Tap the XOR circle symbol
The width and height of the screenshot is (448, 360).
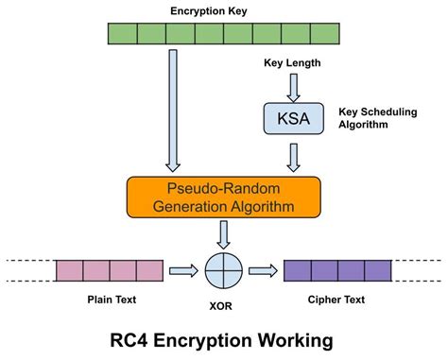223,271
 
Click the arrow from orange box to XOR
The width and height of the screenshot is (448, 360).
223,232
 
